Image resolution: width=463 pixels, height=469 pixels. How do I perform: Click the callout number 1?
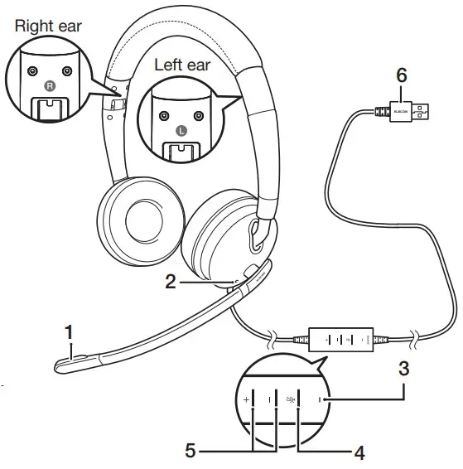coord(71,333)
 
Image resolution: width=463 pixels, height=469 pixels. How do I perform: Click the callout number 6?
coord(401,75)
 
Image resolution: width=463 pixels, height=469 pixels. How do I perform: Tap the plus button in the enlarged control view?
coord(247,400)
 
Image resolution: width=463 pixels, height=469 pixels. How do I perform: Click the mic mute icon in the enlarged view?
coord(290,400)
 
